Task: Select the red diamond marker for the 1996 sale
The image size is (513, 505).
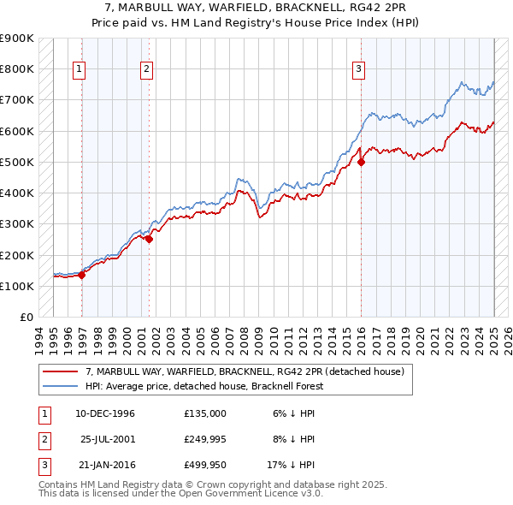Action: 82,275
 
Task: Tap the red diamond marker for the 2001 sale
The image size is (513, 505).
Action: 149,240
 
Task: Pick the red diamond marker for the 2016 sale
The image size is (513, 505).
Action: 361,162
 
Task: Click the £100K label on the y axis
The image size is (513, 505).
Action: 16,286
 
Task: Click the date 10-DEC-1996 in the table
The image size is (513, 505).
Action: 105,413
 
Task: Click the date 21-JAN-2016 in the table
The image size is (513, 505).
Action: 106,465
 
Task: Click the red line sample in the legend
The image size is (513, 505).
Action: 60,371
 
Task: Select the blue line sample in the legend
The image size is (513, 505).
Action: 60,385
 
